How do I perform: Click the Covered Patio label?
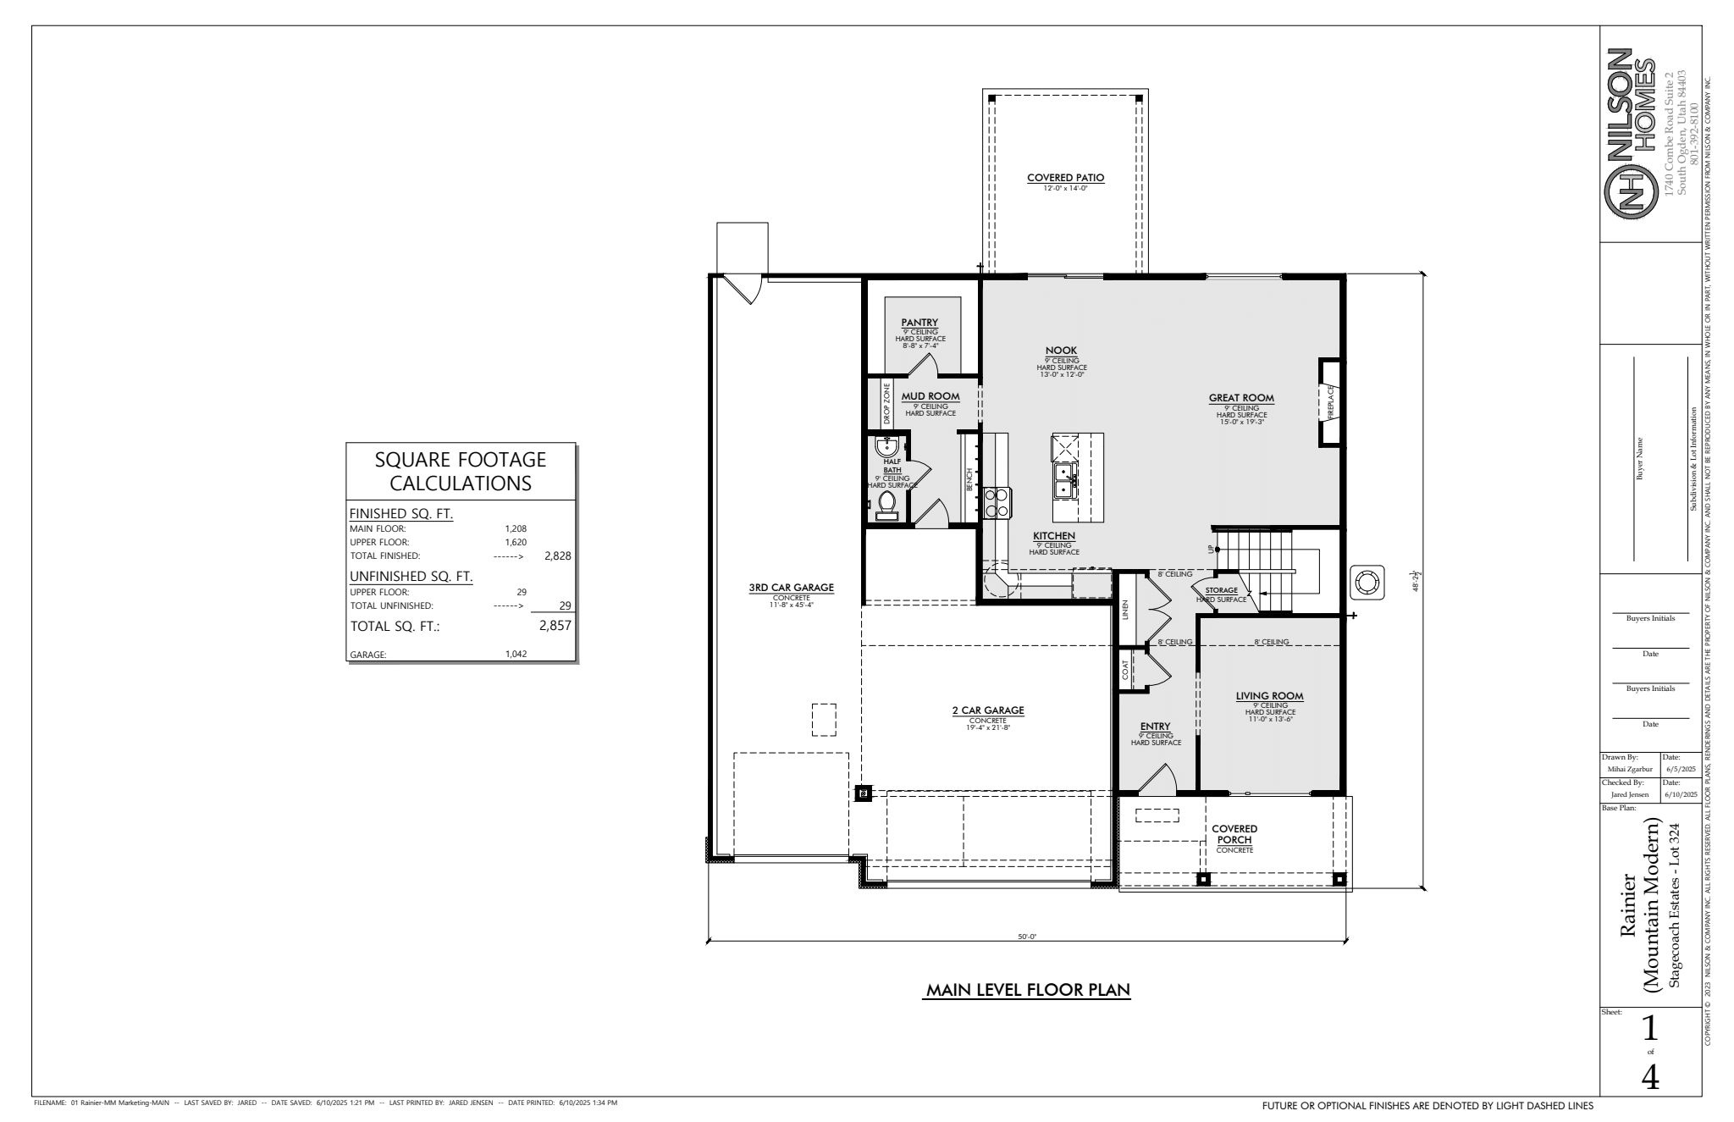(x=1065, y=178)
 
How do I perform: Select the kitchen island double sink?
(x=1065, y=482)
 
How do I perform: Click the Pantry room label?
(x=919, y=322)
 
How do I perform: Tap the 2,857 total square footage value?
(x=555, y=626)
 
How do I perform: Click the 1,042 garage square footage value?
(x=516, y=654)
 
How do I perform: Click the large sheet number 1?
(x=1649, y=1029)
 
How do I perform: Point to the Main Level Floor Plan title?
(x=1029, y=990)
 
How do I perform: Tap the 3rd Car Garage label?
(x=791, y=587)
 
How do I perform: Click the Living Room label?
(x=1269, y=696)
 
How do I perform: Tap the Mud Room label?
(x=931, y=395)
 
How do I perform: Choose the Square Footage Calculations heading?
(x=461, y=472)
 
